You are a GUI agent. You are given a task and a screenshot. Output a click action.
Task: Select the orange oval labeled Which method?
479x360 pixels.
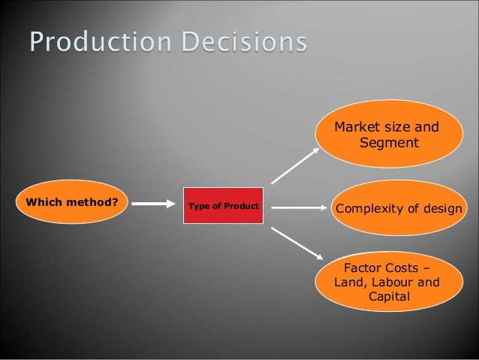pos(72,202)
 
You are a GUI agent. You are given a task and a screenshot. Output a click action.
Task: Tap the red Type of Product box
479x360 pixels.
pos(223,206)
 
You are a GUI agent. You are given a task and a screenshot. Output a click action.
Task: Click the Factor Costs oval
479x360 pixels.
pos(388,282)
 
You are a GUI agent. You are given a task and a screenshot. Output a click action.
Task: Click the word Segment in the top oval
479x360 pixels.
pos(389,142)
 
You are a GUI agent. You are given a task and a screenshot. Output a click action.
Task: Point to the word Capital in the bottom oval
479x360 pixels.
pos(389,297)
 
